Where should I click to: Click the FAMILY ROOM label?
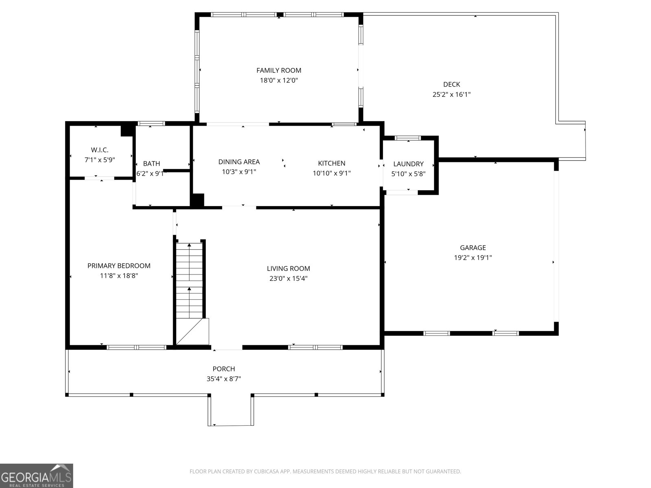point(279,70)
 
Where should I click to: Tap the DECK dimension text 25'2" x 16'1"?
point(451,95)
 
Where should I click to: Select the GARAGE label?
point(473,248)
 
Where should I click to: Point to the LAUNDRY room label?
point(408,164)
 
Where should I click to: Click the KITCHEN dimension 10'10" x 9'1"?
point(332,173)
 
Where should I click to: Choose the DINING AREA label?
point(239,162)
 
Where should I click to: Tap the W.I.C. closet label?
point(99,150)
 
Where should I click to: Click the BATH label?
point(151,164)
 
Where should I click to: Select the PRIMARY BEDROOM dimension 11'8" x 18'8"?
point(119,276)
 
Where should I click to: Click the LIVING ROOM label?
point(288,268)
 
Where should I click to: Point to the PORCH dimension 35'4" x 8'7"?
point(223,379)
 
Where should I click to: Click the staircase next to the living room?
point(189,281)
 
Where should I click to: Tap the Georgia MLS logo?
point(36,475)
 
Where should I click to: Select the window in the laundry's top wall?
point(408,138)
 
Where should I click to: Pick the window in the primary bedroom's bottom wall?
point(136,347)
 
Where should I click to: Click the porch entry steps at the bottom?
point(231,411)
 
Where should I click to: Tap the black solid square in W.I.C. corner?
point(127,130)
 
